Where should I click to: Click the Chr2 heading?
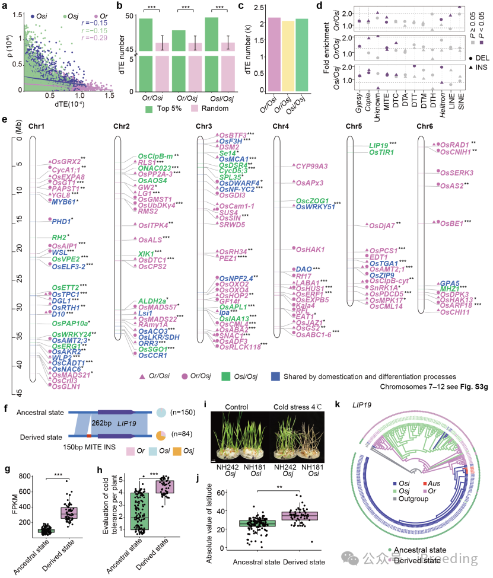(122, 127)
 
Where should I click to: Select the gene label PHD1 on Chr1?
(61, 221)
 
